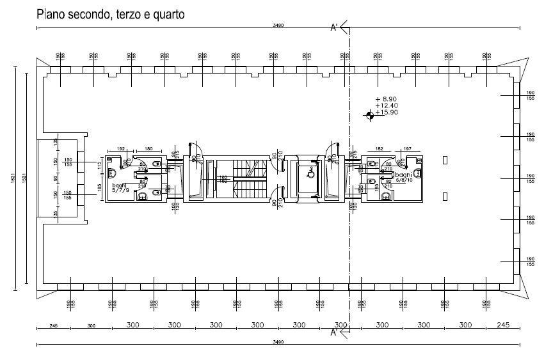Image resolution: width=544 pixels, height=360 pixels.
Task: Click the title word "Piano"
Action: coord(52,15)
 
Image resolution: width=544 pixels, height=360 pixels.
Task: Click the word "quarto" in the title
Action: coord(168,15)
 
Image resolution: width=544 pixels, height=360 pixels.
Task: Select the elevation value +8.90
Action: coord(387,99)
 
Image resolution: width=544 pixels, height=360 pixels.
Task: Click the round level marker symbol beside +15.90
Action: coord(369,115)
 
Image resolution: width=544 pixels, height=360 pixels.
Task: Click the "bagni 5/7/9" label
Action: coord(120,186)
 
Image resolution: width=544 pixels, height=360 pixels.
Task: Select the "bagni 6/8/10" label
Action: coord(404,178)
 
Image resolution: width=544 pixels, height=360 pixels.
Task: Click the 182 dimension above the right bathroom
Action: coord(380,149)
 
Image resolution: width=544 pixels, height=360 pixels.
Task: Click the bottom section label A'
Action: coord(333,333)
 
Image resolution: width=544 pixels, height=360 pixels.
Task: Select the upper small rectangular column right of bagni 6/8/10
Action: coord(445,158)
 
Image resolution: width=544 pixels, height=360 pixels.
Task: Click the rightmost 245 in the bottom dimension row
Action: coord(502,325)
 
